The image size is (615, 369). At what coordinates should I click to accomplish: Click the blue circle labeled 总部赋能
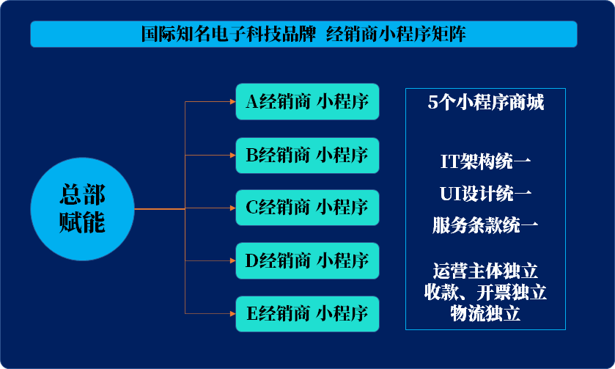82,209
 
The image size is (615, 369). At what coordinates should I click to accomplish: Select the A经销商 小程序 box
307,102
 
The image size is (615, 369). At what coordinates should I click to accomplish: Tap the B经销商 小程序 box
307,155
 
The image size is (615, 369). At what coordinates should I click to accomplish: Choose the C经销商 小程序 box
307,208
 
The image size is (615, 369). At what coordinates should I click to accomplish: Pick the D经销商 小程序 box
307,260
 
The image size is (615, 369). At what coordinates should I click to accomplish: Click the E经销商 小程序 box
307,314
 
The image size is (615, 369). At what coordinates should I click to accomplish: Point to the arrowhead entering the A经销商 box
230,102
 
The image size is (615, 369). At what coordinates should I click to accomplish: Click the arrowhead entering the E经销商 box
230,314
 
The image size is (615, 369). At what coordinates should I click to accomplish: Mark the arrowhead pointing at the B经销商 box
230,155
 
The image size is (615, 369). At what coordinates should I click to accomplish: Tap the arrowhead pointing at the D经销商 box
230,260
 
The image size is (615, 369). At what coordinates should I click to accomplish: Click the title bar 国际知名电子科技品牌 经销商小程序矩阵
303,34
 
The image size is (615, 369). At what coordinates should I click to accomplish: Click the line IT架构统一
486,161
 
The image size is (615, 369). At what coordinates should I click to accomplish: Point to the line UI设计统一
486,194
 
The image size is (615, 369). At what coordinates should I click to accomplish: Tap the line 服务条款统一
486,225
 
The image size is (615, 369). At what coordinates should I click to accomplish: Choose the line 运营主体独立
486,271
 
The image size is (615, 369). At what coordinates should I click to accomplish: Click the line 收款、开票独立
486,292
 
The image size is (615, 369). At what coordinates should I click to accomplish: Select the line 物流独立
486,313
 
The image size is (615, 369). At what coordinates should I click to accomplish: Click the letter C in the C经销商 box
251,208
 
